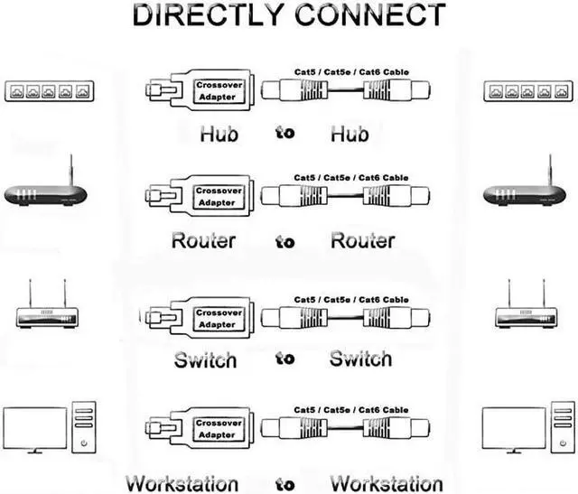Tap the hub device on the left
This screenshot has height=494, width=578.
[x=50, y=91]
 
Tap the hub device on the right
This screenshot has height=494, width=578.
[x=528, y=91]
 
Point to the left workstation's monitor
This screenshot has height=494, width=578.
[x=36, y=429]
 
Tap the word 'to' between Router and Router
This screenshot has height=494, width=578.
[x=285, y=241]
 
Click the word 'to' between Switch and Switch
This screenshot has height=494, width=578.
[x=285, y=359]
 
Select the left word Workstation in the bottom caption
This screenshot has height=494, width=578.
[x=182, y=482]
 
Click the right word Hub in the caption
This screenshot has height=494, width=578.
[x=350, y=135]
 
